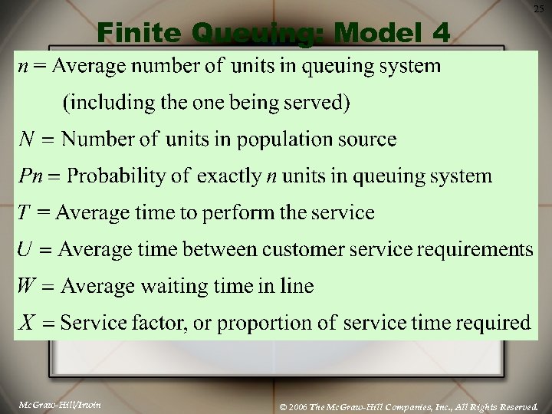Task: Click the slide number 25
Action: click(538, 8)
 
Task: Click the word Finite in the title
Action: click(140, 33)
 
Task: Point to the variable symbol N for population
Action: click(27, 139)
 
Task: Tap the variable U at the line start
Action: click(25, 249)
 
